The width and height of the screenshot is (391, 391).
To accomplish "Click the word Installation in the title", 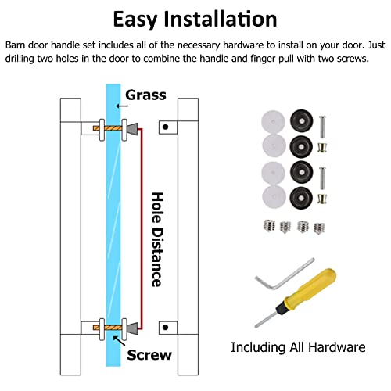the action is (221, 19).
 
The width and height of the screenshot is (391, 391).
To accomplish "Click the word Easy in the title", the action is (135, 20).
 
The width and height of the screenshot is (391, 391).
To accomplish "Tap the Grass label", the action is (145, 95).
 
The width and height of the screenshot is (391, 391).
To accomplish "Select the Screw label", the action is (149, 355).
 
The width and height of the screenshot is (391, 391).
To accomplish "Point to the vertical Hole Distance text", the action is (158, 239).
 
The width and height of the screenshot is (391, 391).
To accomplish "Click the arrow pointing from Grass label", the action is (122, 106).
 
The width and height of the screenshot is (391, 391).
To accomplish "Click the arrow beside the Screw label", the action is (119, 341).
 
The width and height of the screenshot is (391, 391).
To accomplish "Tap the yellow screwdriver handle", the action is (310, 289).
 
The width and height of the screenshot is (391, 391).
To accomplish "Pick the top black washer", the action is (301, 121).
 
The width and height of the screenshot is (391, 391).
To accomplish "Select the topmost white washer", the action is (273, 122).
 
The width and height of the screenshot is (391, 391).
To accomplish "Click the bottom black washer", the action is (301, 198).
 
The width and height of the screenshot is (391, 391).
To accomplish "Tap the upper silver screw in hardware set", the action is (322, 127).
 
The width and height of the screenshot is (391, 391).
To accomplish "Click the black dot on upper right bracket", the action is (165, 127).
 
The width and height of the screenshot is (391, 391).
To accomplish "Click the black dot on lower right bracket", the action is (165, 328).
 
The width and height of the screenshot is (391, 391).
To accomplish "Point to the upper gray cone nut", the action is (132, 129).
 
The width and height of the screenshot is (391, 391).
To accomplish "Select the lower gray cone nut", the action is (132, 328).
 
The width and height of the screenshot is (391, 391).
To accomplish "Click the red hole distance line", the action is (142, 229).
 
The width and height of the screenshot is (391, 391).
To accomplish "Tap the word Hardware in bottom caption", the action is (337, 347).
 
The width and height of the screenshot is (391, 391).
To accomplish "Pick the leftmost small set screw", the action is (269, 225).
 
